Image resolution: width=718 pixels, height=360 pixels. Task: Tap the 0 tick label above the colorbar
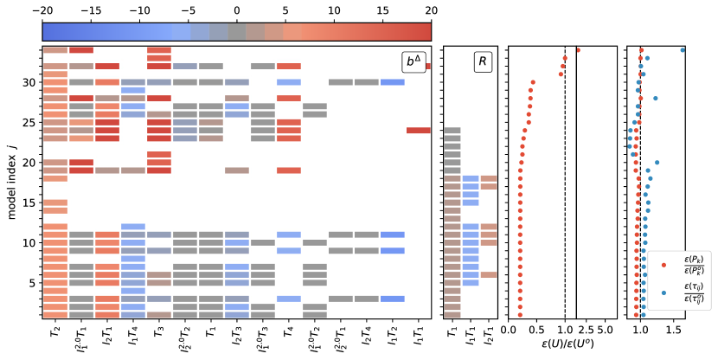coord(236,10)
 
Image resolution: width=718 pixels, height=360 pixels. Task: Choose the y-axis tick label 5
coord(31,282)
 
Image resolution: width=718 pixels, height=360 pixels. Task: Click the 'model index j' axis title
coord(11,182)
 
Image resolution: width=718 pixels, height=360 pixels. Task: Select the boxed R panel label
coord(483,61)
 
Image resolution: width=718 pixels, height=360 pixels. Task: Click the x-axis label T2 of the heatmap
coord(55,331)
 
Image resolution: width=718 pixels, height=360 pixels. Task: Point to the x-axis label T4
coord(289,331)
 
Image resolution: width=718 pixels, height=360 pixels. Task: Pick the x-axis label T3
coord(159,331)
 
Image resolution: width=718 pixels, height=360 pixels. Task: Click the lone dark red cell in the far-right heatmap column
coord(418,130)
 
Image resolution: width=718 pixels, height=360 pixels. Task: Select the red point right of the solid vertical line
coord(578,50)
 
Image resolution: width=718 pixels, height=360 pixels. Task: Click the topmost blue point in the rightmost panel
coord(683,50)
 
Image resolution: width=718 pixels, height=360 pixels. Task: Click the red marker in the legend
coord(664,264)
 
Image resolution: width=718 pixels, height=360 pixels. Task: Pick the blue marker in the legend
coord(664,292)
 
